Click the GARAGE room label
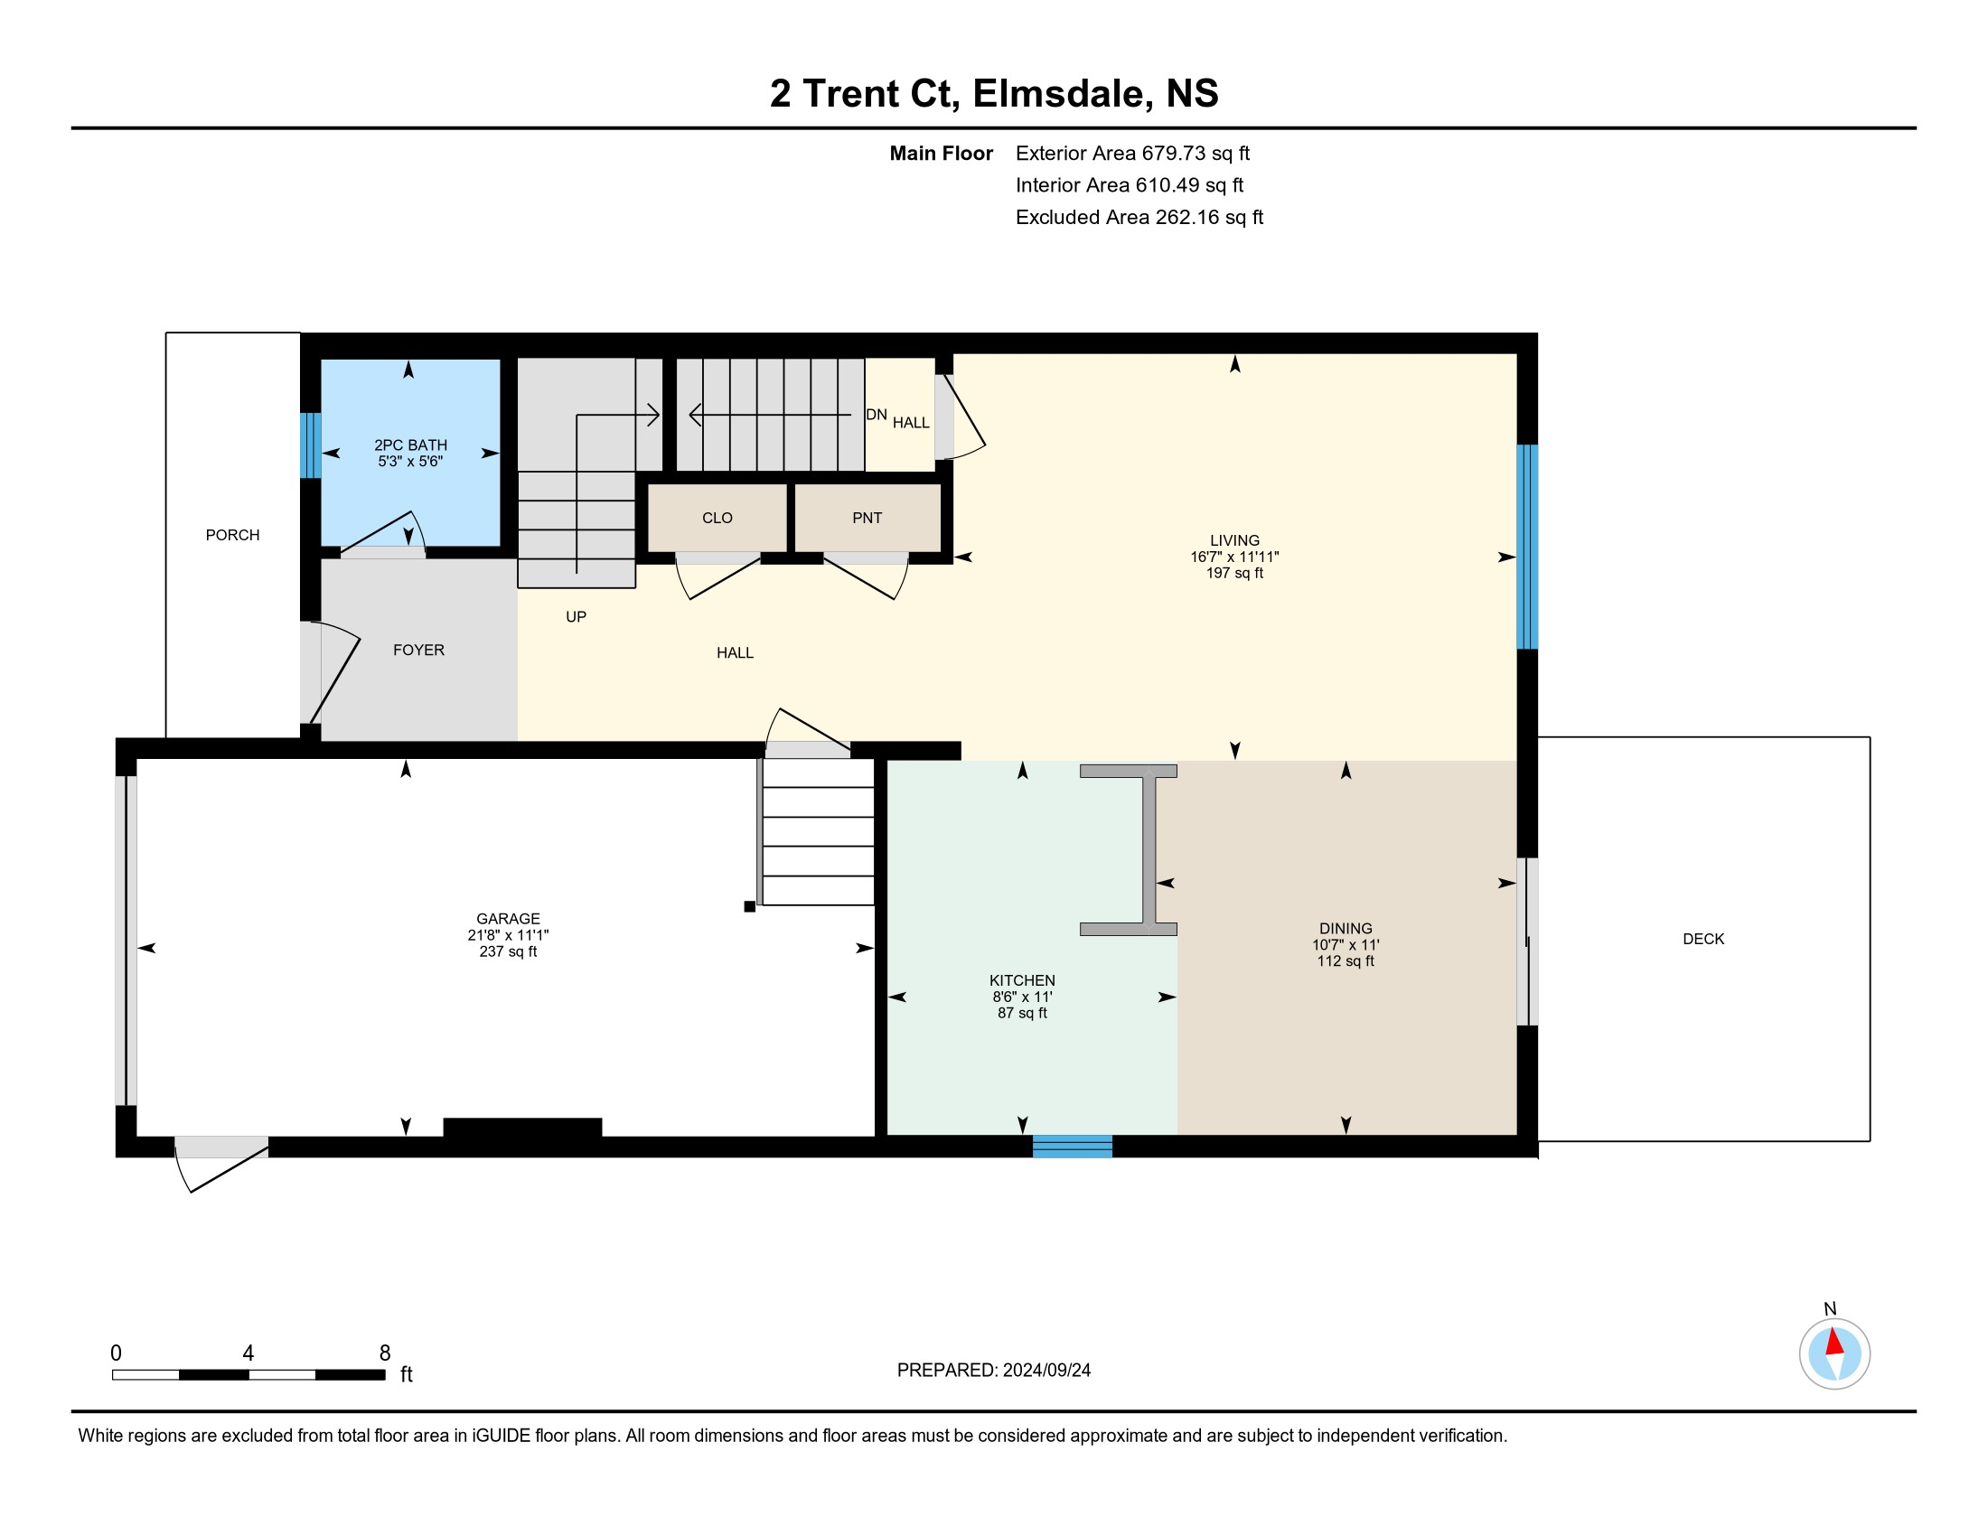pyautogui.click(x=508, y=934)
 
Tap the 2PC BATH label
pyautogui.click(x=410, y=452)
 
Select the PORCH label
pyautogui.click(x=232, y=535)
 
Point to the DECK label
pyautogui.click(x=1703, y=938)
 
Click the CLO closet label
pyautogui.click(x=717, y=518)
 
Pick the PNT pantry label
pyautogui.click(x=867, y=518)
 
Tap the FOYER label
pyautogui.click(x=418, y=650)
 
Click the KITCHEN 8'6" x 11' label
pyautogui.click(x=1022, y=996)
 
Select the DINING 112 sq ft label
pyautogui.click(x=1345, y=944)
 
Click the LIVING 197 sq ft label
pyautogui.click(x=1234, y=556)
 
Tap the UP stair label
pyautogui.click(x=576, y=617)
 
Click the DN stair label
pyautogui.click(x=876, y=414)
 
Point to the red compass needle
pyautogui.click(x=1835, y=1341)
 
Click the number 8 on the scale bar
pyautogui.click(x=385, y=1353)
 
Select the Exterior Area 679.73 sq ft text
pyautogui.click(x=1132, y=153)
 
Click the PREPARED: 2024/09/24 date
pyautogui.click(x=993, y=1370)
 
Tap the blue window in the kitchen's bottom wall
pyautogui.click(x=1072, y=1146)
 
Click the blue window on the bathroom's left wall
pyautogui.click(x=311, y=445)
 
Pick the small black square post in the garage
pyautogui.click(x=749, y=906)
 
